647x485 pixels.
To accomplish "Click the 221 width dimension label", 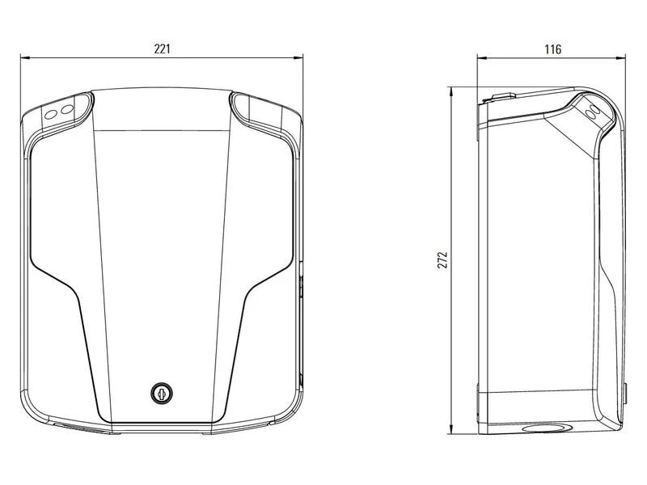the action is pyautogui.click(x=163, y=49).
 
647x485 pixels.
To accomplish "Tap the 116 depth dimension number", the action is pyautogui.click(x=552, y=49).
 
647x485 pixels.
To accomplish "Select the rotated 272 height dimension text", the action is pyautogui.click(x=442, y=259).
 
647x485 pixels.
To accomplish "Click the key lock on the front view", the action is pyautogui.click(x=161, y=393).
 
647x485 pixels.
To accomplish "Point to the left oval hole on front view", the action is pyautogui.click(x=50, y=115).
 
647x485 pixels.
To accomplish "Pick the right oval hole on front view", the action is pyautogui.click(x=67, y=110).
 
